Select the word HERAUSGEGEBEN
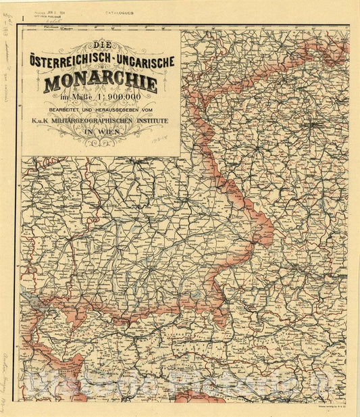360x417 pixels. pyautogui.click(x=110, y=111)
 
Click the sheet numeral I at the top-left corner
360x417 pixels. pyautogui.click(x=24, y=18)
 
